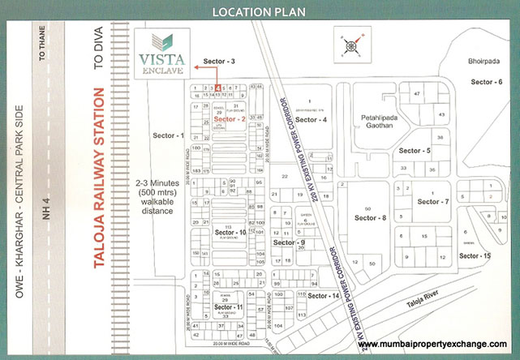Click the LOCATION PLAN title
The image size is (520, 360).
[x=260, y=11]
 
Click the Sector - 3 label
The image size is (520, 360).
[x=219, y=62]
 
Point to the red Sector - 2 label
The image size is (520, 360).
[x=230, y=119]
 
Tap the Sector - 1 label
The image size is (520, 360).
[x=169, y=135]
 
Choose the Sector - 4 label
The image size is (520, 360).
[x=311, y=120]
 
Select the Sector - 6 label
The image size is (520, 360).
[x=487, y=82]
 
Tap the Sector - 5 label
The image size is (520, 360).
[x=415, y=151]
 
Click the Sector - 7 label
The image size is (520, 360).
[x=433, y=201]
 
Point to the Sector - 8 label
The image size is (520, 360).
[x=371, y=218]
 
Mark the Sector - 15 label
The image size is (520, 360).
[x=475, y=256]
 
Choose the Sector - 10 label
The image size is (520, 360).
[x=230, y=233]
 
